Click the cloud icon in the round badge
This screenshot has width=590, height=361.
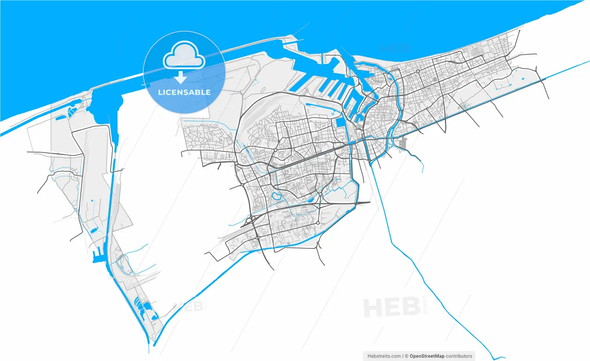pos(184,55)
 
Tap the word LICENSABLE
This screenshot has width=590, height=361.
pos(184,92)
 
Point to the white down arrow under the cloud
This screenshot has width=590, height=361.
pos(181,77)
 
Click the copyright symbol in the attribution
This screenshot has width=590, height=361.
pos(407,356)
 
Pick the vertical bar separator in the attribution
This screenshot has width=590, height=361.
pos(402,356)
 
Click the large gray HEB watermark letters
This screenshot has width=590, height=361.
pos(392,307)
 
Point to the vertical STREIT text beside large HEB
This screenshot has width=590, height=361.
pos(425,305)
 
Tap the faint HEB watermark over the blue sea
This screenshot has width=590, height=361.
pos(395,48)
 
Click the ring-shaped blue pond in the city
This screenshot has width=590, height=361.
pos(277,196)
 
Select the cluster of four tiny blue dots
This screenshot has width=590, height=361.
pos(333,113)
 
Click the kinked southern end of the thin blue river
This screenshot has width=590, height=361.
pos(496,358)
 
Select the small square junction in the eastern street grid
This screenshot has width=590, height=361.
pos(418,71)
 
